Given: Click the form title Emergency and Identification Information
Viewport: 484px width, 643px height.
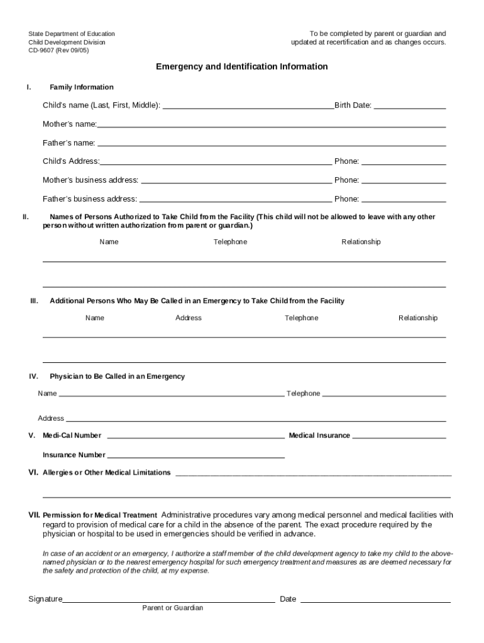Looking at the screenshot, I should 242,67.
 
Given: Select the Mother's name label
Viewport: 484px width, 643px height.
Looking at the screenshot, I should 69,124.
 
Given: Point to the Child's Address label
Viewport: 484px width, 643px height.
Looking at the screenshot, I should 70,161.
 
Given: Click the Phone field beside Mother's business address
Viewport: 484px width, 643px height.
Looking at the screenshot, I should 404,180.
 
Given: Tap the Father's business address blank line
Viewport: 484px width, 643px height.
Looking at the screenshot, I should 235,199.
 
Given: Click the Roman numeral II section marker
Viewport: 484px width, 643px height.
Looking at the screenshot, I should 26,217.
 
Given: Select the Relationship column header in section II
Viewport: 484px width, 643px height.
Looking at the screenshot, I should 361,242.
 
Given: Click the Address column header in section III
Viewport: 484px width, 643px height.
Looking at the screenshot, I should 189,318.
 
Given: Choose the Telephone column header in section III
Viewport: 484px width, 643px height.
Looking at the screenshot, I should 301,318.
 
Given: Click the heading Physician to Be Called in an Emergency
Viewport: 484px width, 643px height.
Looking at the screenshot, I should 118,377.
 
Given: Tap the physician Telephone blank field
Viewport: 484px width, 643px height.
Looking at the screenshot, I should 384,394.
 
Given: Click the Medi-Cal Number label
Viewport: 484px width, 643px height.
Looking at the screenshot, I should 72,436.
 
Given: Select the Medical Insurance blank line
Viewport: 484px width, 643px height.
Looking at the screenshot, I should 399,436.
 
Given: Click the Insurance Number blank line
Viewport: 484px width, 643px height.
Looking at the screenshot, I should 195,455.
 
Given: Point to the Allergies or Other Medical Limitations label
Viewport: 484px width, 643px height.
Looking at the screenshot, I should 106,473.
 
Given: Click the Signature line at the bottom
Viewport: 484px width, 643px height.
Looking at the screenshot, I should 168,599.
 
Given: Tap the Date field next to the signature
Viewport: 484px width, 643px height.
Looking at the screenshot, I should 375,599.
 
